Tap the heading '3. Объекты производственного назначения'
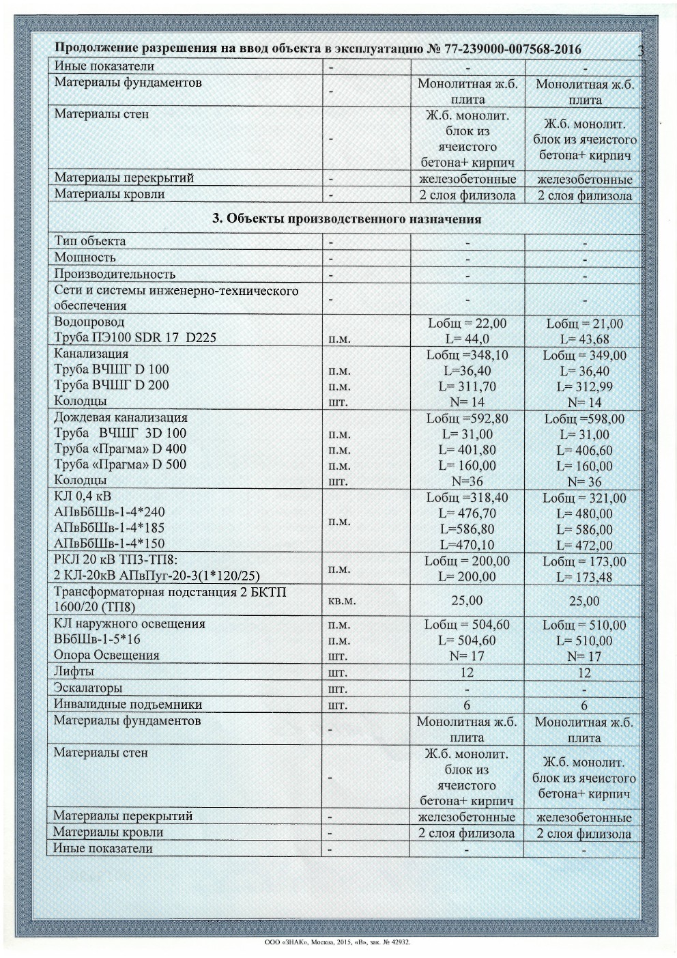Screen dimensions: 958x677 [347, 219]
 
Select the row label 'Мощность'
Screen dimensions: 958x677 [85, 257]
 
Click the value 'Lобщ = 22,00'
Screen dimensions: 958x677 [467, 323]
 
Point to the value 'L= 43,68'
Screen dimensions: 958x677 [584, 339]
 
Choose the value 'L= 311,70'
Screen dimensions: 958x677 [467, 386]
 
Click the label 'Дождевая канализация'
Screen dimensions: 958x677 [121, 417]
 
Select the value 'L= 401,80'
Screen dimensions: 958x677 [467, 450]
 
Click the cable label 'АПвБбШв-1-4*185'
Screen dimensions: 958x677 [109, 528]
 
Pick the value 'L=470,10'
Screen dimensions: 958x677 [467, 545]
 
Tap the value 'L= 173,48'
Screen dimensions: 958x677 [584, 577]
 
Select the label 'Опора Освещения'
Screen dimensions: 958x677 [106, 655]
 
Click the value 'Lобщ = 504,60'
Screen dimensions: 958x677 [467, 624]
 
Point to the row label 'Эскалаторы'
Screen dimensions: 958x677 [88, 688]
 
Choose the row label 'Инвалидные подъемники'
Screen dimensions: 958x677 [128, 704]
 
